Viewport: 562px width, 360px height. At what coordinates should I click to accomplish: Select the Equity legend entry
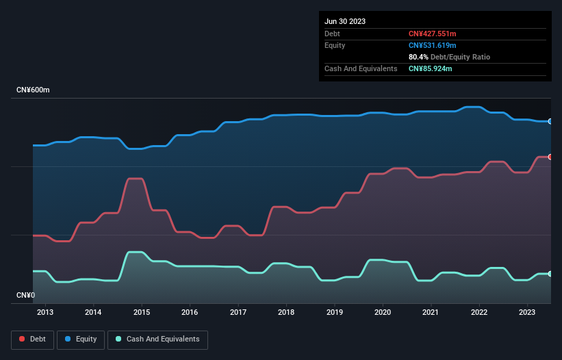pyautogui.click(x=81, y=339)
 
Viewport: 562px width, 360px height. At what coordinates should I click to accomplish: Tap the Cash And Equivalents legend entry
pyautogui.click(x=157, y=339)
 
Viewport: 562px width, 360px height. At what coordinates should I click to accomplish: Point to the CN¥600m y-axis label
pyautogui.click(x=34, y=90)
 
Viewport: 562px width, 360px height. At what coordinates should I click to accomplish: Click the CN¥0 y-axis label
pyautogui.click(x=25, y=295)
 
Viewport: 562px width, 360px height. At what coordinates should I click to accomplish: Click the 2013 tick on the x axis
pyautogui.click(x=45, y=313)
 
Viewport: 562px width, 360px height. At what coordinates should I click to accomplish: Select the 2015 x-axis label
pyautogui.click(x=142, y=313)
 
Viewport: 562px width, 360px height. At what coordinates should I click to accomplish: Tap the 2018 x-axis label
pyautogui.click(x=286, y=313)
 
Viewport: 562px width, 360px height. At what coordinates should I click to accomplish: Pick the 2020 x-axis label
pyautogui.click(x=383, y=313)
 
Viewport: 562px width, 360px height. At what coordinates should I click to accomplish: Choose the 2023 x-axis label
pyautogui.click(x=527, y=313)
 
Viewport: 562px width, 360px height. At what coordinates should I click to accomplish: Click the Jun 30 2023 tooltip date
pyautogui.click(x=345, y=21)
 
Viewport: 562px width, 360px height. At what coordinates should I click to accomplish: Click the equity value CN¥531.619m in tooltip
pyautogui.click(x=434, y=45)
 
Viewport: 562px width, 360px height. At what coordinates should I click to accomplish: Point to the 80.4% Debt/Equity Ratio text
pyautogui.click(x=449, y=57)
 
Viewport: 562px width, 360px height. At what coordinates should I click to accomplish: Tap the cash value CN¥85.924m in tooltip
pyautogui.click(x=431, y=68)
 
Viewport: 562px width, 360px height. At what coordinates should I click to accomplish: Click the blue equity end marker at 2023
pyautogui.click(x=550, y=121)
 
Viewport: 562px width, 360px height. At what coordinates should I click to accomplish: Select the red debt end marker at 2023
pyautogui.click(x=550, y=157)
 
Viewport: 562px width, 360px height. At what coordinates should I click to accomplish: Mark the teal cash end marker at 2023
pyautogui.click(x=550, y=274)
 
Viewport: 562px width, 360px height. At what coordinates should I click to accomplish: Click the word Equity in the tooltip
pyautogui.click(x=335, y=45)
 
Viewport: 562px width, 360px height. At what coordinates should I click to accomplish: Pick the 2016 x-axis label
pyautogui.click(x=190, y=313)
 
